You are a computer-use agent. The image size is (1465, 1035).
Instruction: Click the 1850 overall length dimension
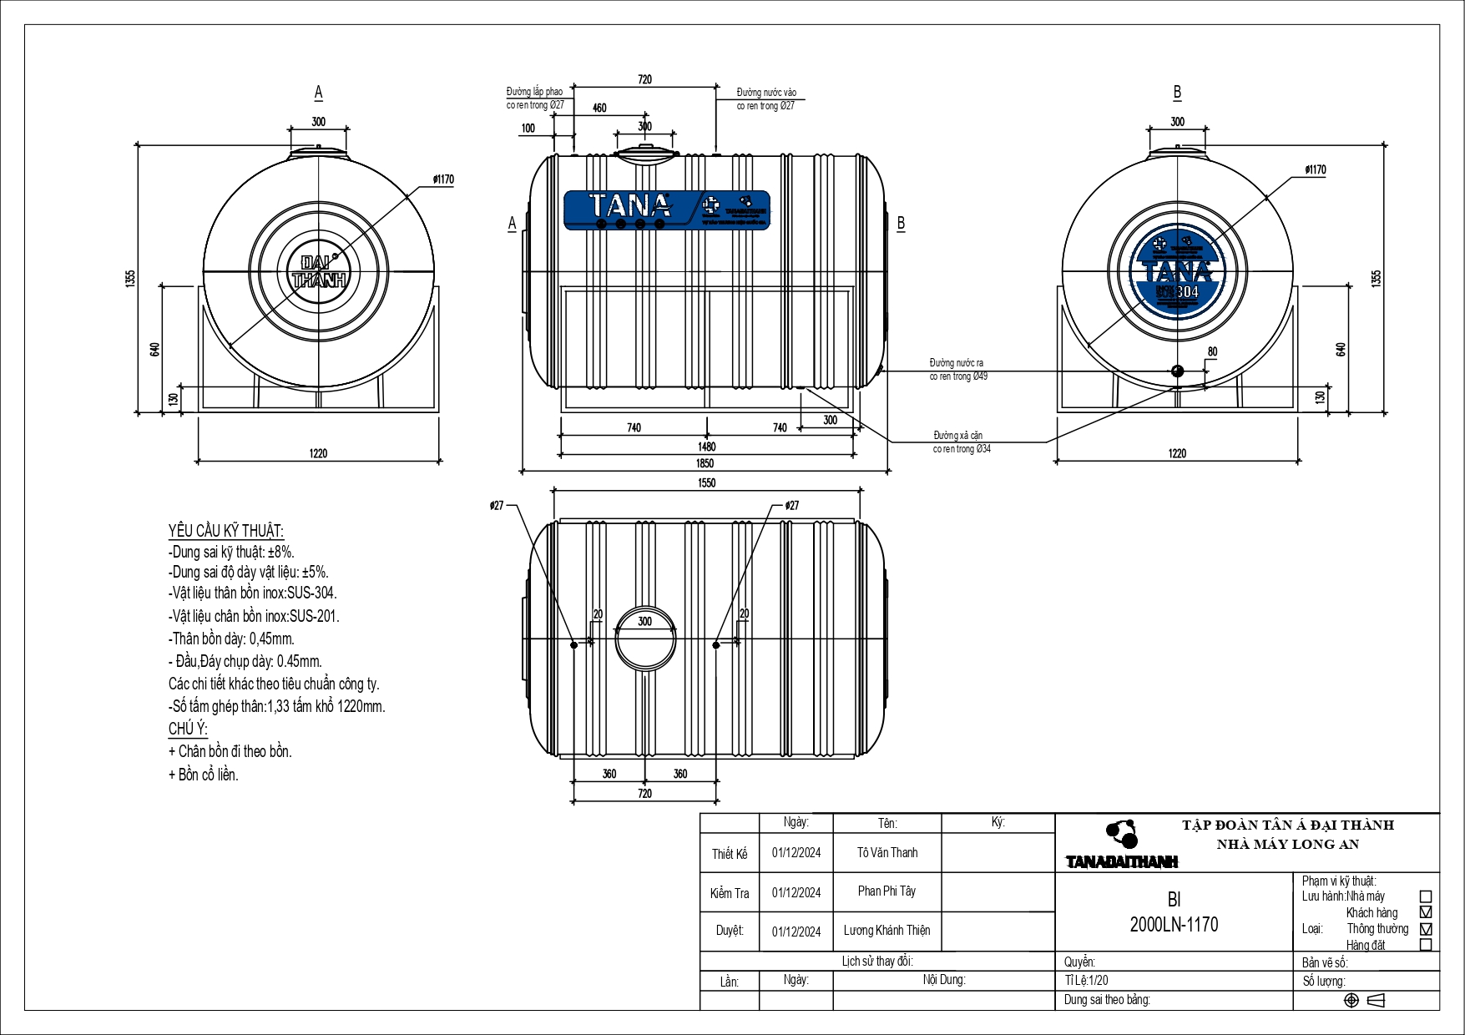click(x=705, y=463)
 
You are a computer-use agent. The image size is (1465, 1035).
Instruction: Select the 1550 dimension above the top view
click(x=706, y=482)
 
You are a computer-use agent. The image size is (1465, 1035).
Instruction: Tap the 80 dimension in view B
click(x=1212, y=352)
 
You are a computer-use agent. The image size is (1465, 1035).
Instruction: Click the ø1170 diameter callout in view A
click(x=443, y=179)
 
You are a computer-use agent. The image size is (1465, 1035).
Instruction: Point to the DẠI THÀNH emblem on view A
click(x=319, y=270)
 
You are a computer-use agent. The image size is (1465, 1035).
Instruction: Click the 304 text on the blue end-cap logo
click(x=1187, y=292)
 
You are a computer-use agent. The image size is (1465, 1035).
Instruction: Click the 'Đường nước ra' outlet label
click(x=957, y=363)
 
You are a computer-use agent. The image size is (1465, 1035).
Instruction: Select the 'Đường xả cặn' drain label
click(x=958, y=436)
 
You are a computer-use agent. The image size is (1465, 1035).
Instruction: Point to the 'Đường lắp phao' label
click(x=534, y=92)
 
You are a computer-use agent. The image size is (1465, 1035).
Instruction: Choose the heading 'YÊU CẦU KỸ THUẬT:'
click(x=225, y=531)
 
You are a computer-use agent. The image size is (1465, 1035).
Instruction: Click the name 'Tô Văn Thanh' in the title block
click(x=887, y=853)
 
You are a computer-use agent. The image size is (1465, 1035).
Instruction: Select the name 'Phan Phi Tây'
click(x=887, y=891)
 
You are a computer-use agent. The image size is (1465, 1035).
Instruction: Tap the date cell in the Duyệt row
click(x=796, y=931)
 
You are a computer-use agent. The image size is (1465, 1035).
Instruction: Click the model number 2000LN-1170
click(x=1174, y=925)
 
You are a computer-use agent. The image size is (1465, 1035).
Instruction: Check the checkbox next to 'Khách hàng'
click(x=1426, y=912)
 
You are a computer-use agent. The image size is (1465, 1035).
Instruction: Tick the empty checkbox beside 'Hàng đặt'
click(x=1426, y=945)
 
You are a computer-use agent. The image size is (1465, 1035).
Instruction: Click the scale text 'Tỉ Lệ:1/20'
click(x=1087, y=981)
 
